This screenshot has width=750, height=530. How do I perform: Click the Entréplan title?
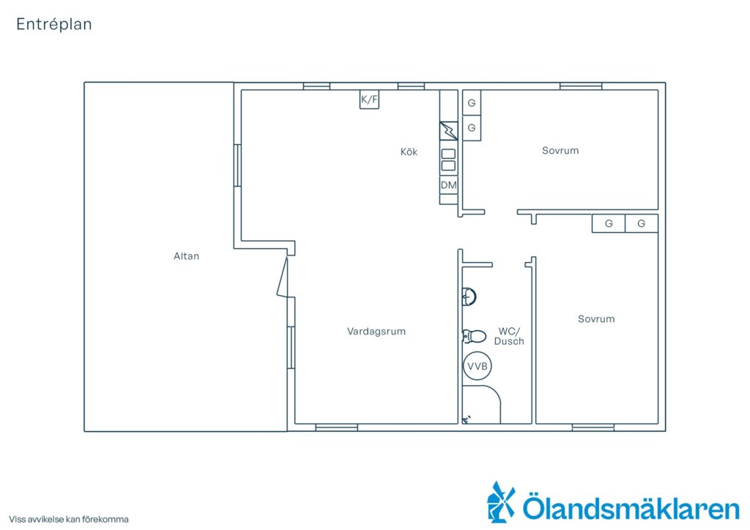pos(54,24)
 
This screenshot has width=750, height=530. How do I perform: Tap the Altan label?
pos(186,256)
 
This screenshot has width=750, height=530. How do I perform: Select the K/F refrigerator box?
pos(369,100)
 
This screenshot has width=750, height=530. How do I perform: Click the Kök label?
pos(409,152)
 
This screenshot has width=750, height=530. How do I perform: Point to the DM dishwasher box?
pos(449,185)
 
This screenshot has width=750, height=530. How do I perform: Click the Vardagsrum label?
pos(376,331)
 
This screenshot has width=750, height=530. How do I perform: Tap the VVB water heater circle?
pos(478,366)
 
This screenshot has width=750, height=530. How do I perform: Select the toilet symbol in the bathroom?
pos(474,336)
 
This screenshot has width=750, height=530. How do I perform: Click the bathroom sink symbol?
pos(469,296)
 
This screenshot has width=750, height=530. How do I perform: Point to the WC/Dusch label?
pos(509,336)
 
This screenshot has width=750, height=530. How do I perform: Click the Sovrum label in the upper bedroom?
pos(560,151)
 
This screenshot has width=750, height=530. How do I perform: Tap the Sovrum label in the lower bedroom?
pos(596,318)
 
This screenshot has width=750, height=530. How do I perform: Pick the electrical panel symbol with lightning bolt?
pos(449,130)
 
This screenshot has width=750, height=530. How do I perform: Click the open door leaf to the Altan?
pos(283,277)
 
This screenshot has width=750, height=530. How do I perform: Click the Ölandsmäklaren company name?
pos(631,507)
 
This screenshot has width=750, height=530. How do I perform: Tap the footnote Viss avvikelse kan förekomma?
pos(69,519)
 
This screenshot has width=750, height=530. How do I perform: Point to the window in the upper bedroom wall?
pos(581,86)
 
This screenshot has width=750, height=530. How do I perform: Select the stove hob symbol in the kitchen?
pos(448,160)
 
